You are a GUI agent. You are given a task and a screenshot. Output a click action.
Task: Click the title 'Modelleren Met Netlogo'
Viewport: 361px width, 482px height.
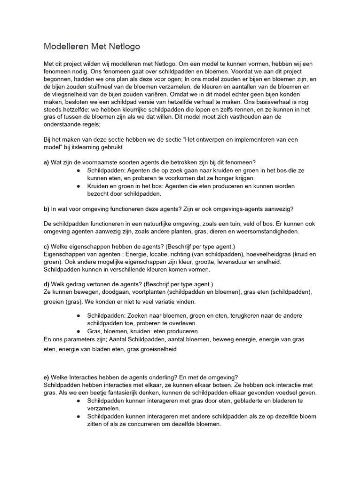(92, 46)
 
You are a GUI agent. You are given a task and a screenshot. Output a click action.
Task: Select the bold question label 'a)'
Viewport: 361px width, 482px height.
(46, 162)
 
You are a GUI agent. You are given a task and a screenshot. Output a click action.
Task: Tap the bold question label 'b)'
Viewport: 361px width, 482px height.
(46, 209)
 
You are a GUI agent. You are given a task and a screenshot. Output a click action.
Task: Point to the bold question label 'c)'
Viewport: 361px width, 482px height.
(46, 247)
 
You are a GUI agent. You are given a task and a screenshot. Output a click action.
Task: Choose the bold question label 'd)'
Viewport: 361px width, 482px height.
(46, 284)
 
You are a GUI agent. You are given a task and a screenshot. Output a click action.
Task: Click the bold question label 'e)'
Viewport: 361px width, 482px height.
(46, 377)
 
